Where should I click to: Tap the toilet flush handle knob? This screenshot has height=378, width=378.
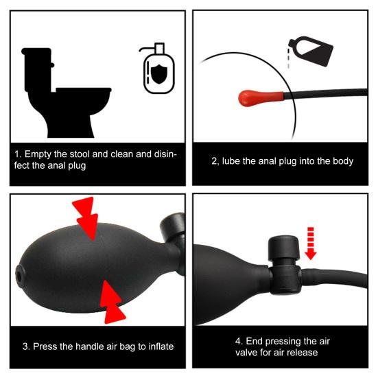[52, 65]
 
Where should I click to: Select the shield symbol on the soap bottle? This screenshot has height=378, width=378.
[159, 74]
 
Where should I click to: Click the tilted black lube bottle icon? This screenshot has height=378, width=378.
[311, 51]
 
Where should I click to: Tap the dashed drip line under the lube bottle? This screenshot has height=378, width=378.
[288, 58]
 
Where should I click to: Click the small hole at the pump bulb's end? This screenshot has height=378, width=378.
[19, 275]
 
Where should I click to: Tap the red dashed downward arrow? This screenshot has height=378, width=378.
[311, 243]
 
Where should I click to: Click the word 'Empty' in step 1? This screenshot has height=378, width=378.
[38, 154]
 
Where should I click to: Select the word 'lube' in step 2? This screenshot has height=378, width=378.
[231, 161]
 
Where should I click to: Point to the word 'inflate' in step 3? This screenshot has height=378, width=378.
[161, 346]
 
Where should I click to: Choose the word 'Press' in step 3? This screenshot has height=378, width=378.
[45, 346]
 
